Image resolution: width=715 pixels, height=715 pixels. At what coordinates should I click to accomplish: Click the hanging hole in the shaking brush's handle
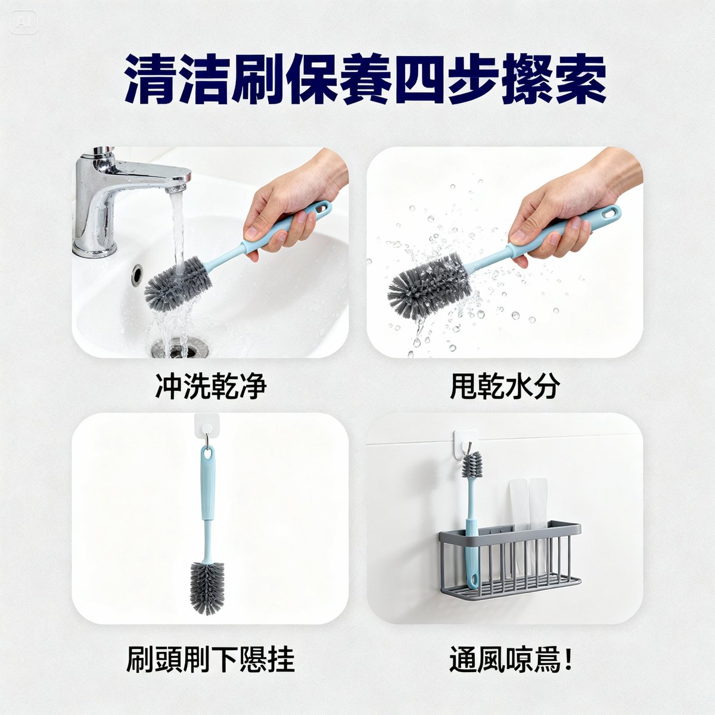[609, 213]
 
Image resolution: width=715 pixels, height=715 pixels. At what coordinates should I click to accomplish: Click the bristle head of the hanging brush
[207, 587]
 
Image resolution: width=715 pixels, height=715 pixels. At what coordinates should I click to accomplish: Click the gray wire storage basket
[509, 557]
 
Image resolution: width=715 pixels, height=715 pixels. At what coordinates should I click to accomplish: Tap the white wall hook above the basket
[465, 443]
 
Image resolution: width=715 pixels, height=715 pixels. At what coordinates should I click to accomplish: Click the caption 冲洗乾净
[210, 387]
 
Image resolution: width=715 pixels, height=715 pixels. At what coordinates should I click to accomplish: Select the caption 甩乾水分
[505, 387]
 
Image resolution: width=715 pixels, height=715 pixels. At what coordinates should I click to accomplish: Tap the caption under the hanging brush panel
[210, 660]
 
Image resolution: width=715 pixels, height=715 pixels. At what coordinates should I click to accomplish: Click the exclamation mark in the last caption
[567, 660]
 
